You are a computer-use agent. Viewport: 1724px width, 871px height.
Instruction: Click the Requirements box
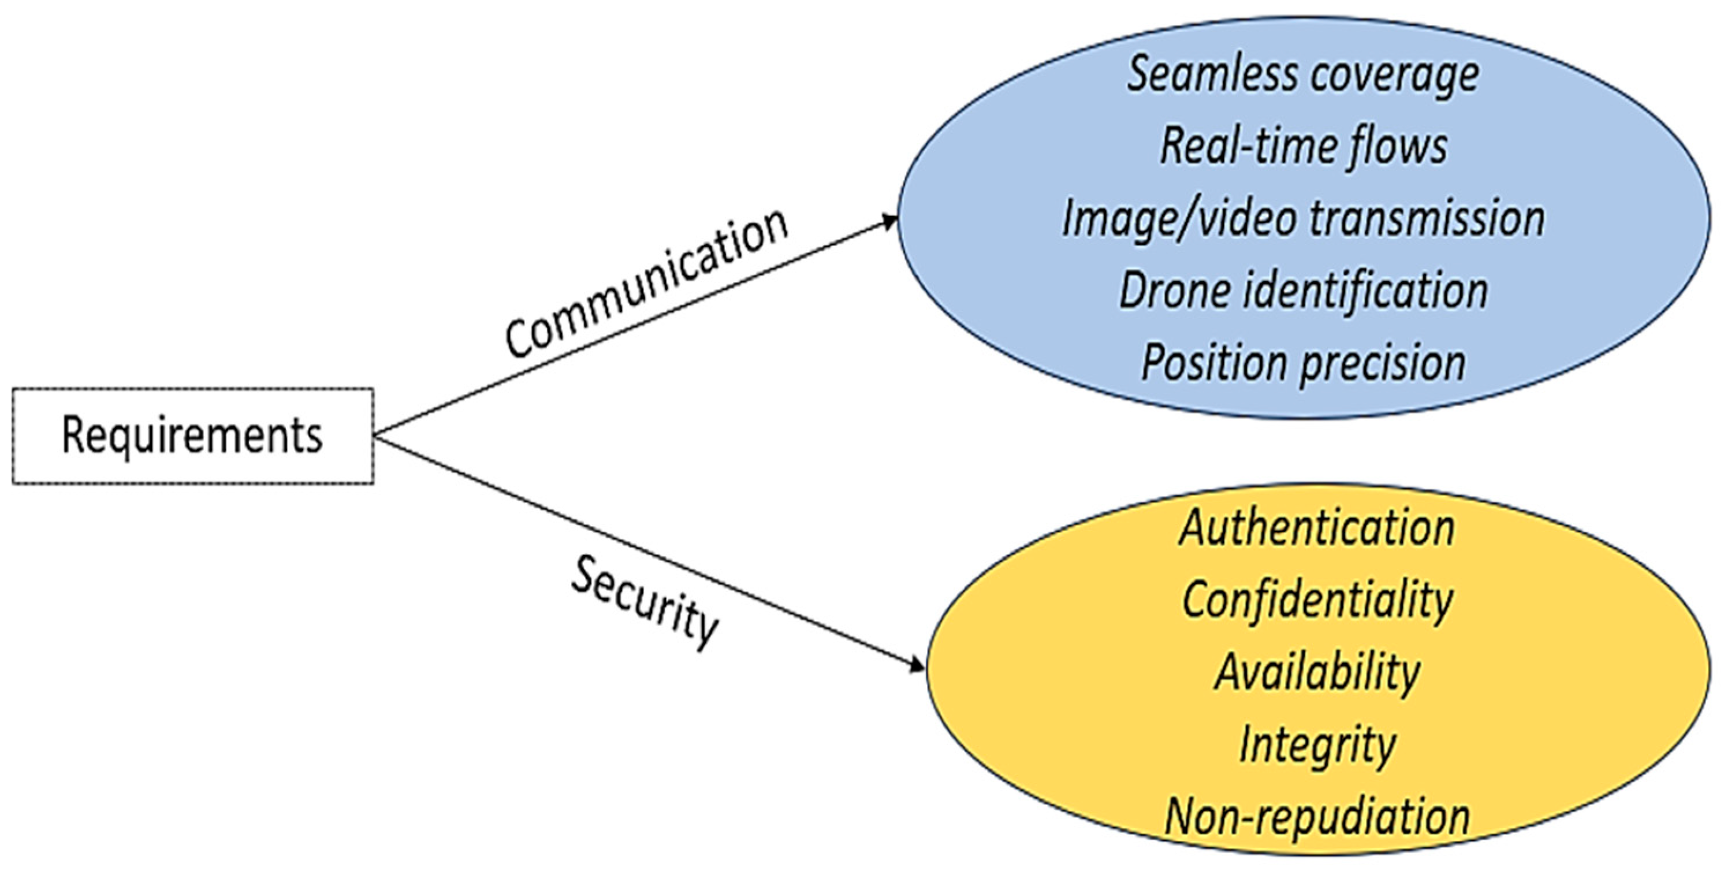pos(193,436)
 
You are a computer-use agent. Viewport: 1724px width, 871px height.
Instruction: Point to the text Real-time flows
pos(1303,147)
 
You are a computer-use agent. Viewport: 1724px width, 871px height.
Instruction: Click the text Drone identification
pos(1303,291)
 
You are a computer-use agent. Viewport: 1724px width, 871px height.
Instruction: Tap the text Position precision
pos(1303,363)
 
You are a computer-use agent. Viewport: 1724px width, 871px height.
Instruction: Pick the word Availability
pos(1316,672)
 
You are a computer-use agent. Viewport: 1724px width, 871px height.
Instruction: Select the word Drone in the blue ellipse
pos(1175,291)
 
